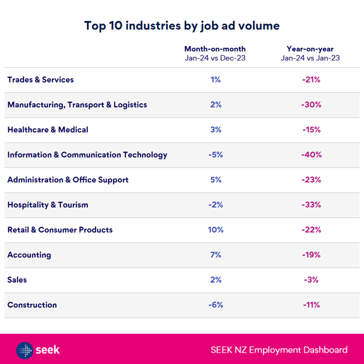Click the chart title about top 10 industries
coord(182,25)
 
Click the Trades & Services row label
coord(41,80)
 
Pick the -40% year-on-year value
coord(311,155)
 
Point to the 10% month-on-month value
coord(216,229)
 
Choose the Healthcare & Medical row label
coord(48,129)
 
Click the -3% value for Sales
coord(311,280)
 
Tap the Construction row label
coord(32,305)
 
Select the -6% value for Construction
coord(216,305)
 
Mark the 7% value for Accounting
coord(216,255)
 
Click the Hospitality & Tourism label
coord(48,205)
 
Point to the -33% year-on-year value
coord(311,205)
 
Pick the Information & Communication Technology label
coord(87,155)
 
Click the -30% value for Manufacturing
coord(311,105)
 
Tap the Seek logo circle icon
coord(24,350)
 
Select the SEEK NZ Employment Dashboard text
coord(279,350)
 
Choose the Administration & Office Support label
coord(68,180)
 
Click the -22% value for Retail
coord(311,229)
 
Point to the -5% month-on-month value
coord(216,155)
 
